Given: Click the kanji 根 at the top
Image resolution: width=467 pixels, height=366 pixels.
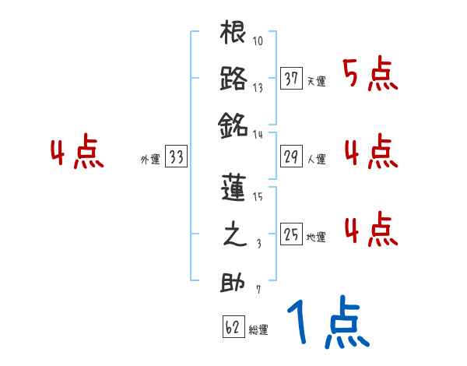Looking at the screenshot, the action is (233, 34).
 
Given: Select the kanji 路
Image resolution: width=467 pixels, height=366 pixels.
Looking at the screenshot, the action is (233, 79).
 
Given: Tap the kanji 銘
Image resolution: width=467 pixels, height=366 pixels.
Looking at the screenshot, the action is (233, 125).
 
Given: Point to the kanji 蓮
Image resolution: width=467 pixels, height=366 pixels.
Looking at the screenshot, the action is (233, 189).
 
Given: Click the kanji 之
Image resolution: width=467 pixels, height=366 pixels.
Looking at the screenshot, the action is (233, 235).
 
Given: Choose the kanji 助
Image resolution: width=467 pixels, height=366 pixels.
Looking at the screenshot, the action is (233, 282).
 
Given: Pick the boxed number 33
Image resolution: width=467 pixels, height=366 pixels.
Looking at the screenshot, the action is (176, 157).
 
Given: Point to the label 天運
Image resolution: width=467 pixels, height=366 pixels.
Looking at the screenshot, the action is (317, 81).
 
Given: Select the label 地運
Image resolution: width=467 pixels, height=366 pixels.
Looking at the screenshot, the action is (317, 237).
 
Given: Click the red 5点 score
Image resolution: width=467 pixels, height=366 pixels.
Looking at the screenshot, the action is (371, 76).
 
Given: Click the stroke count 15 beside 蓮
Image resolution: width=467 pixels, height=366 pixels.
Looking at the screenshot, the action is (258, 198).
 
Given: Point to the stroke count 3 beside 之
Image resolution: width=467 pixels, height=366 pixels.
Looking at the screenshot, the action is (258, 244).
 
